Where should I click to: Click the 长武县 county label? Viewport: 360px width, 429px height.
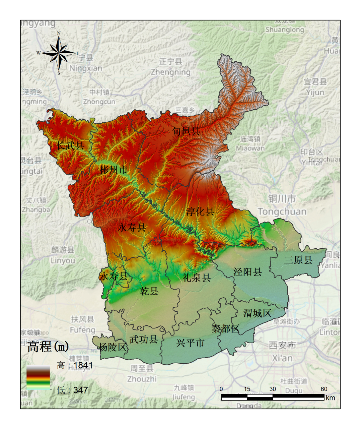point(70,145)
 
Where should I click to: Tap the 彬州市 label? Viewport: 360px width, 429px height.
point(114,170)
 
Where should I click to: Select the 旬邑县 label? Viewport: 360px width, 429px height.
point(186,131)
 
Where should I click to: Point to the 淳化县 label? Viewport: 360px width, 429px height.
point(200,211)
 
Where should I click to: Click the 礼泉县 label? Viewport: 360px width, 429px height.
point(197,277)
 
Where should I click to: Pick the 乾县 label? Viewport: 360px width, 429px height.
point(149,291)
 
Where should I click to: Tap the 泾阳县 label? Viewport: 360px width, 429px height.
point(247,271)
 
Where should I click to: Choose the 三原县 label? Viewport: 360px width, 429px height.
point(298,260)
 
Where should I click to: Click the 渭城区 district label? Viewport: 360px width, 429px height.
point(257,313)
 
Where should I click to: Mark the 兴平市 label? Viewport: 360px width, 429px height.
point(190,343)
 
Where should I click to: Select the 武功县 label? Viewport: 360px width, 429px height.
point(144,339)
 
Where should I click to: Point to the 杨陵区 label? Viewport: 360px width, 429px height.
point(113,347)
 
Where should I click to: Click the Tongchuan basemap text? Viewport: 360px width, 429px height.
point(282,211)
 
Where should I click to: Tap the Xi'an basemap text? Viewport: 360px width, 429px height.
point(282,358)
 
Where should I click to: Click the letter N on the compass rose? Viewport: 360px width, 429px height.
point(59,33)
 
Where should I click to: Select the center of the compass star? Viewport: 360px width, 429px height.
point(59,53)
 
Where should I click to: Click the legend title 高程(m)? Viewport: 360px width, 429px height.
point(48,346)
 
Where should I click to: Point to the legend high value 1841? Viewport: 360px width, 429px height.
point(83,365)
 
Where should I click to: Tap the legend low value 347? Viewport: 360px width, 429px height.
point(80,390)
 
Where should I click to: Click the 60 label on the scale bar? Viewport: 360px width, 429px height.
point(324,389)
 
